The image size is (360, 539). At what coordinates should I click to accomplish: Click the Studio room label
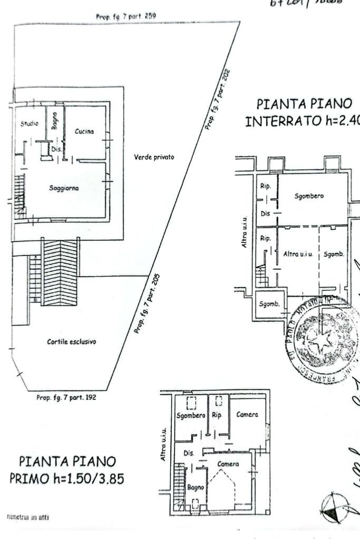coord(29,123)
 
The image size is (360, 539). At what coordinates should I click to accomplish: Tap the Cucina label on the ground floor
coord(84,131)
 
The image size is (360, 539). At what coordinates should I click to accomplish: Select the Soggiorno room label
coord(64,187)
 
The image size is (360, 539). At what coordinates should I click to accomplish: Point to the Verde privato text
coord(154,157)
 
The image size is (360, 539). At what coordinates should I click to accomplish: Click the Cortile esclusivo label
coord(72,341)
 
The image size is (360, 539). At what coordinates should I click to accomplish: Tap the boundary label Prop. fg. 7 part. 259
coord(125,16)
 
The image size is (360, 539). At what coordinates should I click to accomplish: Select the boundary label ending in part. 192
coord(66,397)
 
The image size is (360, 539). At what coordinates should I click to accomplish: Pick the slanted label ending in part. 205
coord(148,303)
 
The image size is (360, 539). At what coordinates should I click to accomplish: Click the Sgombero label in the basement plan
coord(309,196)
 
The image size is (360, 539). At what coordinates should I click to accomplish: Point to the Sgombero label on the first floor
coord(191,415)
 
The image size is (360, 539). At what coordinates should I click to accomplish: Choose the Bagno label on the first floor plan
coord(196,487)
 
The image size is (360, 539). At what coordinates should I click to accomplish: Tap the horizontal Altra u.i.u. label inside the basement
coord(299,253)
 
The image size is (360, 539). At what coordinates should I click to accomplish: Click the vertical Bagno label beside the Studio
coord(54,121)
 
